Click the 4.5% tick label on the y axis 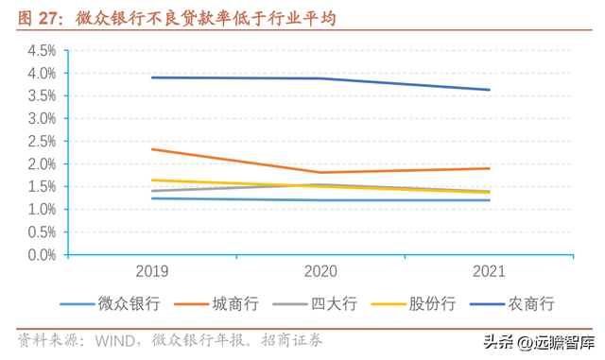click(x=42, y=51)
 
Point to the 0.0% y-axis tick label click(x=42, y=255)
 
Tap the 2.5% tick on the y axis click(x=42, y=142)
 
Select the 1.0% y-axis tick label click(x=42, y=210)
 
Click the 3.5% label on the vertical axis click(x=42, y=96)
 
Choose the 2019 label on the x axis click(x=153, y=272)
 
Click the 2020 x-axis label click(x=320, y=272)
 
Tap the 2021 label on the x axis click(x=488, y=272)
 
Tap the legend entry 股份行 click(x=433, y=303)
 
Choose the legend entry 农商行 click(x=531, y=303)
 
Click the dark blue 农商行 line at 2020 click(x=320, y=78)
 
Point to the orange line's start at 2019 click(x=153, y=149)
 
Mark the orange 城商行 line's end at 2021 click(x=489, y=168)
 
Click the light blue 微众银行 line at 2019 click(x=153, y=198)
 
